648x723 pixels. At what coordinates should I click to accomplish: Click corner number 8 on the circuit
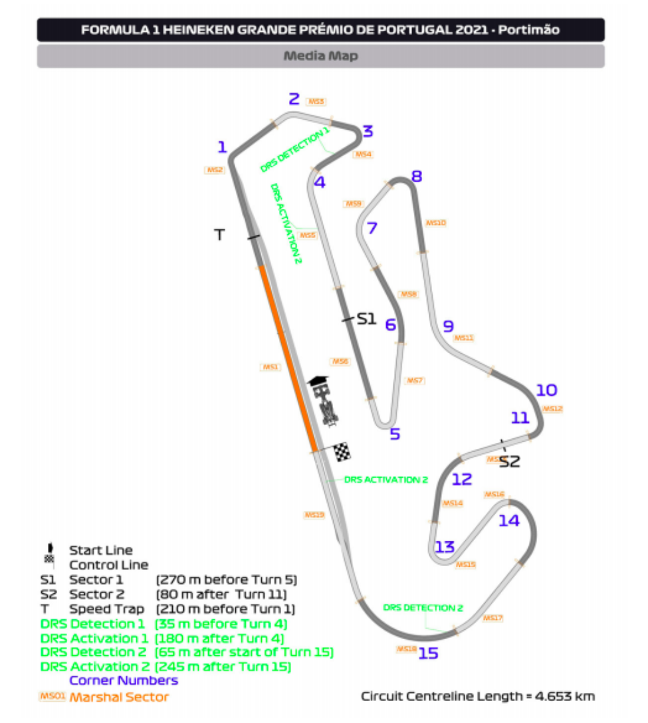click(x=417, y=176)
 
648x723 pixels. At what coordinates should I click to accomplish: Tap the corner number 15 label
click(x=429, y=654)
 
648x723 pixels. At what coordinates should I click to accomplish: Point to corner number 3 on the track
click(x=368, y=131)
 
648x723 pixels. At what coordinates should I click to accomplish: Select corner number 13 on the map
click(x=445, y=547)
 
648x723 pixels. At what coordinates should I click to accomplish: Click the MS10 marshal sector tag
click(x=435, y=223)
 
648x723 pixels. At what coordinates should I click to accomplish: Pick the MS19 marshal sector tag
click(x=314, y=515)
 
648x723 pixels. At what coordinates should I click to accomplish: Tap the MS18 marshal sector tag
click(x=406, y=649)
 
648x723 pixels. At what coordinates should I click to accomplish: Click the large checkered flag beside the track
click(x=342, y=452)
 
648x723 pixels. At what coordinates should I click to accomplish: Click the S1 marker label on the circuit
click(x=367, y=319)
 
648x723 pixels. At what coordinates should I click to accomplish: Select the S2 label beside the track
click(x=509, y=462)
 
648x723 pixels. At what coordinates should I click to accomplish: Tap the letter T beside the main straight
click(x=220, y=234)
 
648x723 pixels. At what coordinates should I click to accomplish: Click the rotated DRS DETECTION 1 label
click(x=294, y=150)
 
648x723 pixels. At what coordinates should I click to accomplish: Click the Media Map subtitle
click(x=320, y=56)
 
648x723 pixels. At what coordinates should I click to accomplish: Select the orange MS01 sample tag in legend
click(x=51, y=696)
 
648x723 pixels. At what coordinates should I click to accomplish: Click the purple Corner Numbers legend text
click(x=124, y=680)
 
